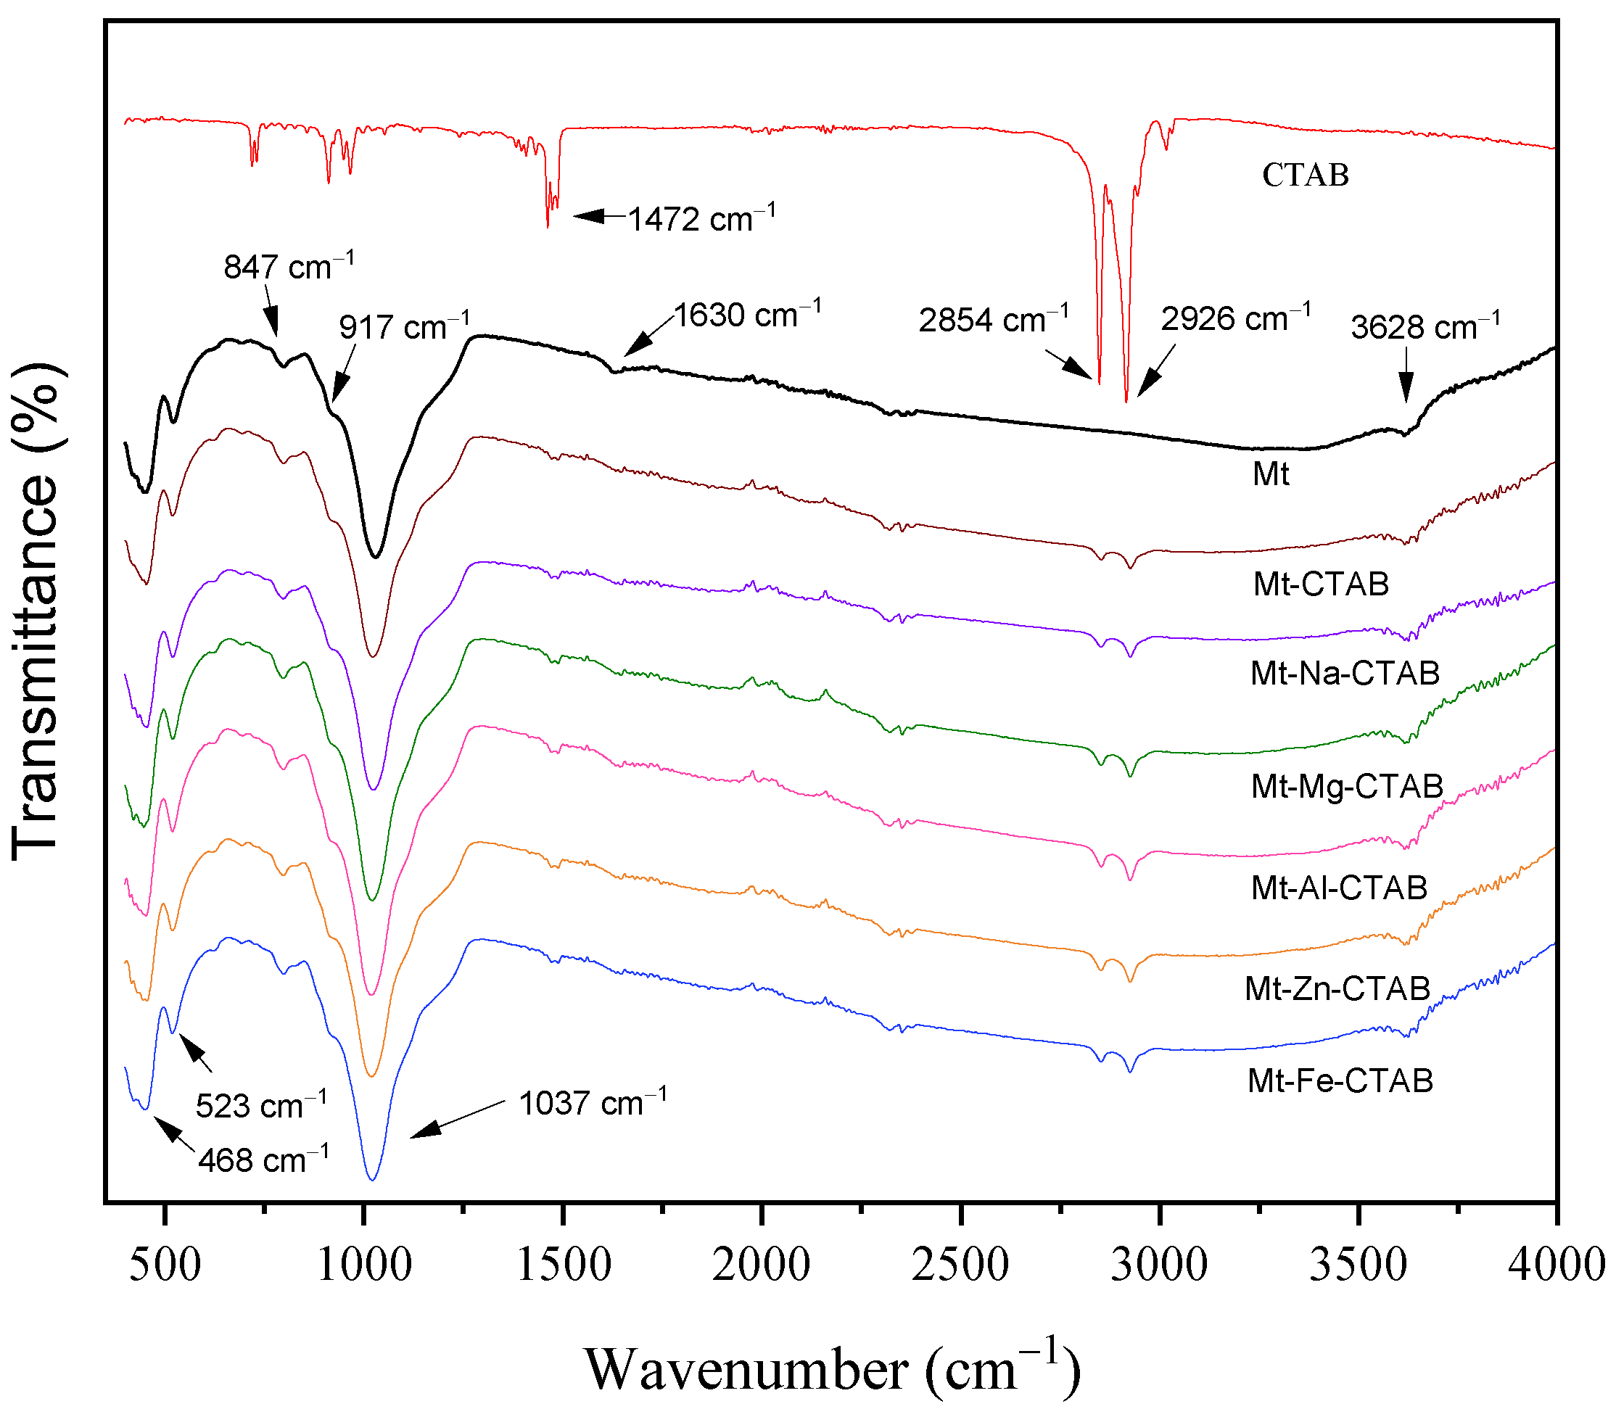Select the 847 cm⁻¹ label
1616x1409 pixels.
point(289,268)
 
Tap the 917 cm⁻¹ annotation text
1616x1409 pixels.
point(404,326)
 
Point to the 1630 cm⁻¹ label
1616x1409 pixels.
point(748,315)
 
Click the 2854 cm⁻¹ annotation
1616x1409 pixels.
point(993,320)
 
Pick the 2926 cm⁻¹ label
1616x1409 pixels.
point(1235,318)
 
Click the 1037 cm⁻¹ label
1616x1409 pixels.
point(592,1103)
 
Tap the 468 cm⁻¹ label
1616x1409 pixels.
point(263,1160)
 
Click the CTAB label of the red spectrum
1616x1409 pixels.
point(1305,175)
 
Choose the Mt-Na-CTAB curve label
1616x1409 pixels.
point(1345,673)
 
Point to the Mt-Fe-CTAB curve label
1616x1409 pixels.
point(1340,1080)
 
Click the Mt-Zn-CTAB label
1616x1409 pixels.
point(1337,988)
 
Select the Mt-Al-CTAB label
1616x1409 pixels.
point(1339,888)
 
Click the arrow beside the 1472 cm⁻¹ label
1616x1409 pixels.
point(599,215)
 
